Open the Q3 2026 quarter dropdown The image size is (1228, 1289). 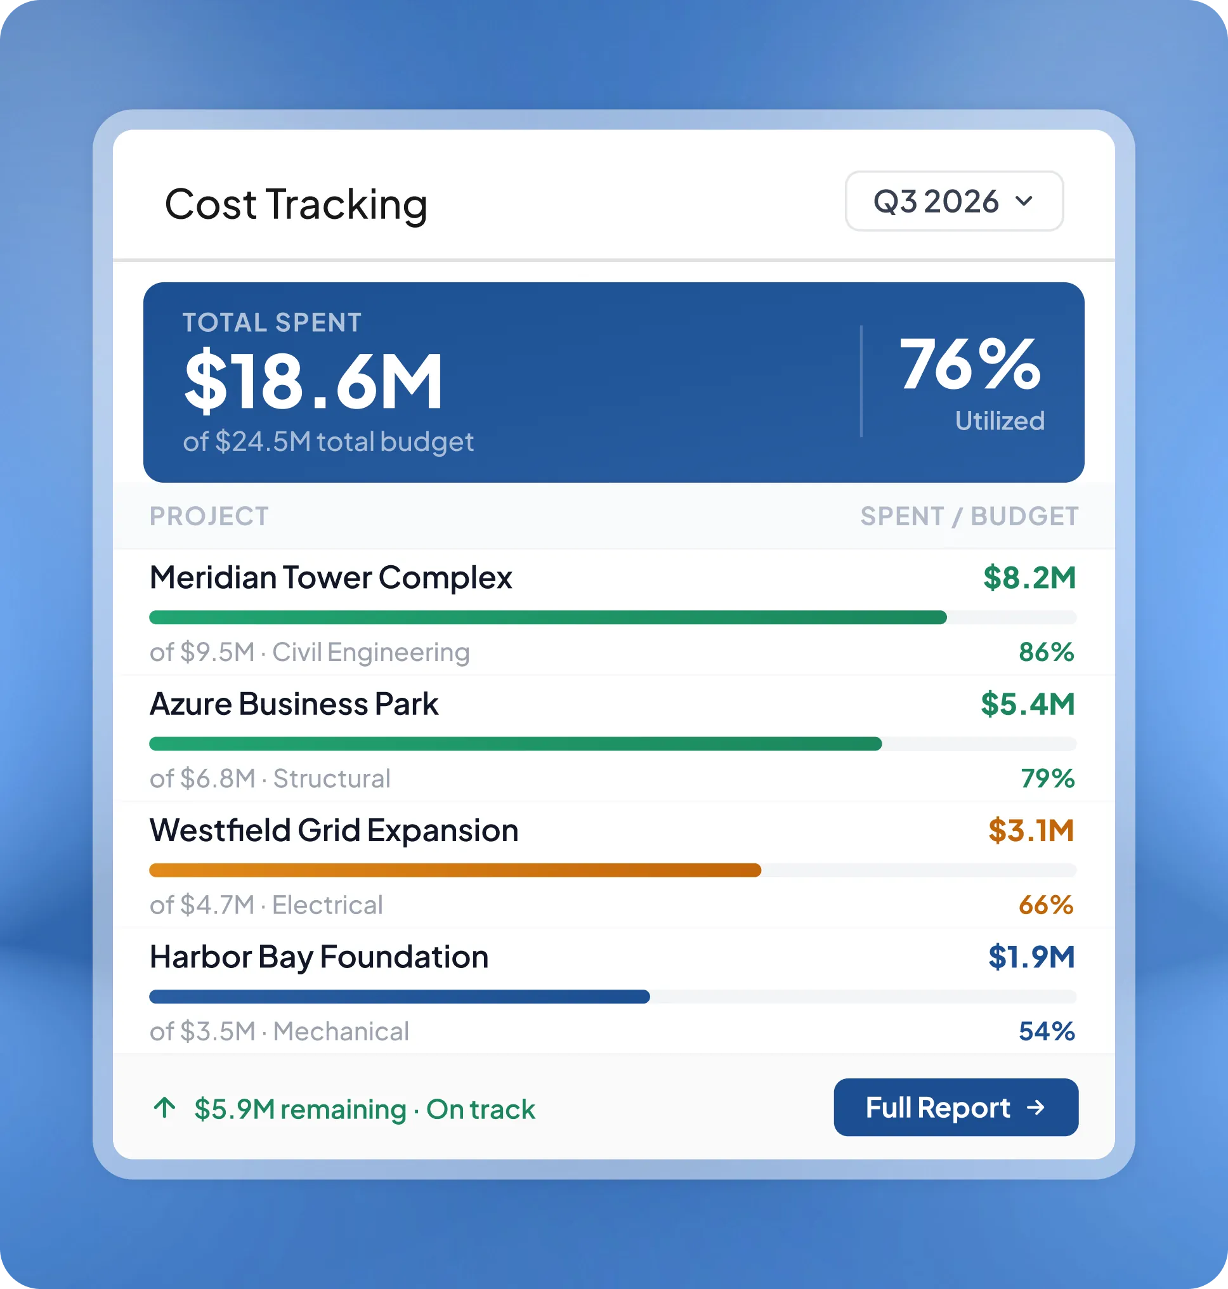point(954,201)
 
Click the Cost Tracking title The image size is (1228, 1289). point(296,204)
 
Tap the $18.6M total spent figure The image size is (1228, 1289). point(313,381)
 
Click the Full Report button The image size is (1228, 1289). point(956,1107)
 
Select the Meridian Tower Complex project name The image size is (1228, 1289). point(330,578)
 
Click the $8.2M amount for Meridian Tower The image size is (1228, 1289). point(1029,578)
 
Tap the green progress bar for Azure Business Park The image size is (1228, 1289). point(515,743)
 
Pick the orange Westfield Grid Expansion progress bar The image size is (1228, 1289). point(455,870)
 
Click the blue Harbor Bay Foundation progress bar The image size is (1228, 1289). point(400,997)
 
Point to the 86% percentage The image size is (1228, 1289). point(1047,652)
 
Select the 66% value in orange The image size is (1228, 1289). point(1046,905)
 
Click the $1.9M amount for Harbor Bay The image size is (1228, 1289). point(1031,957)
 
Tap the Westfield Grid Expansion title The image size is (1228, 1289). point(334,831)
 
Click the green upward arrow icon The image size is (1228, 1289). point(165,1108)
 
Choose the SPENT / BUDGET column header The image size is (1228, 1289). point(969,516)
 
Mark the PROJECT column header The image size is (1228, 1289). point(209,516)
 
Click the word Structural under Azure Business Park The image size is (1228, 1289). point(332,779)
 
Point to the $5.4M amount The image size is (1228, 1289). point(1028,704)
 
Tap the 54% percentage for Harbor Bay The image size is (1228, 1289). point(1047,1031)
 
